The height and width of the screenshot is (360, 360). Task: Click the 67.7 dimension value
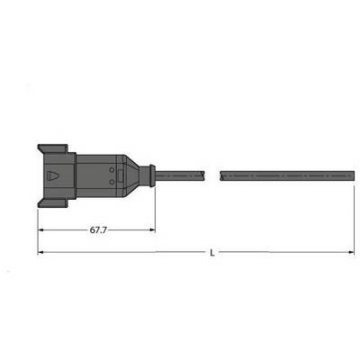[98, 230]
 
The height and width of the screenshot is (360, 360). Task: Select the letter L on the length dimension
[212, 253]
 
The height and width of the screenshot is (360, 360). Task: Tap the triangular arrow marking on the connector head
[53, 175]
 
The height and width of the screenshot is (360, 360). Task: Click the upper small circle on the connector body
[112, 170]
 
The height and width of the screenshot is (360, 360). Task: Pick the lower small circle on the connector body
[112, 182]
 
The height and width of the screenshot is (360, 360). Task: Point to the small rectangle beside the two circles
[121, 175]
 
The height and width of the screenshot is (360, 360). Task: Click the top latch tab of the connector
[53, 148]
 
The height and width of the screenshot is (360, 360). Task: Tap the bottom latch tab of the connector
[53, 203]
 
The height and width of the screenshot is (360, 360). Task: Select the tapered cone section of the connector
[131, 175]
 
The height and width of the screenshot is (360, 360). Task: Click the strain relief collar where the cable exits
[148, 175]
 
